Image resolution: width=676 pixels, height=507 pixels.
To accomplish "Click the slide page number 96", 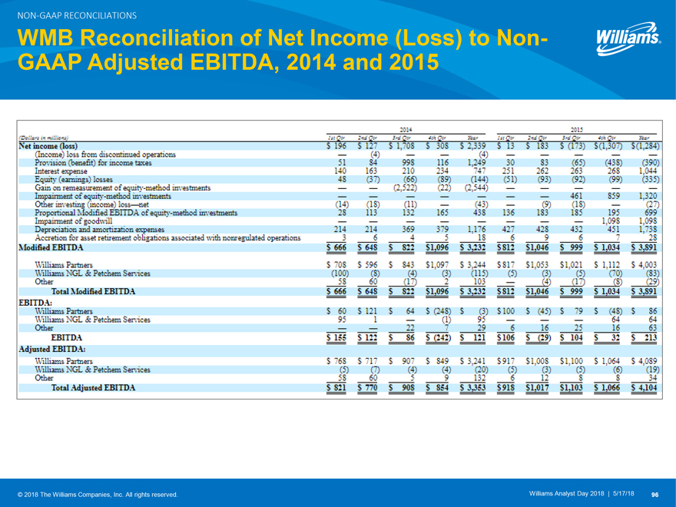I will point(656,494).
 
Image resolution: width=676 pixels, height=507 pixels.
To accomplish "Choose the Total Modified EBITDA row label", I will point(92,291).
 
